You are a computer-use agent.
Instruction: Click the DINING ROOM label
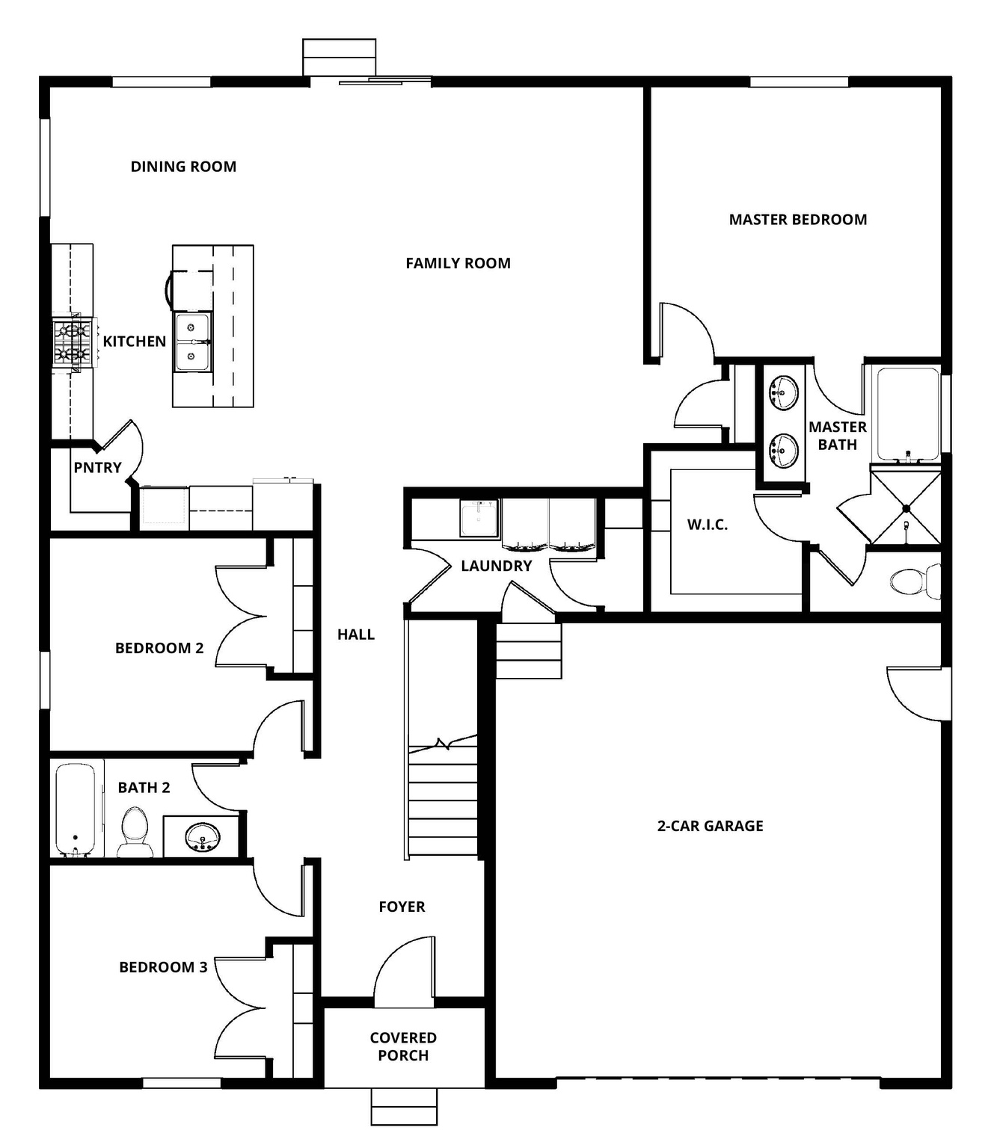pyautogui.click(x=183, y=167)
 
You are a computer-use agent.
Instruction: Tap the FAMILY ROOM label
pyautogui.click(x=458, y=263)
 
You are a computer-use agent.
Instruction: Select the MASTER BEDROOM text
pyautogui.click(x=797, y=220)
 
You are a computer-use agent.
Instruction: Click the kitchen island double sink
pyautogui.click(x=192, y=342)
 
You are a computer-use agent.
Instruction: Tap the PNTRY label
pyautogui.click(x=97, y=468)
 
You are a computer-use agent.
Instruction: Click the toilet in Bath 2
pyautogui.click(x=135, y=831)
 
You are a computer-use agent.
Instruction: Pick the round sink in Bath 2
pyautogui.click(x=201, y=836)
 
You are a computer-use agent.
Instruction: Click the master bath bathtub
pyautogui.click(x=907, y=413)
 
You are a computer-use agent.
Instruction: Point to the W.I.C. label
pyautogui.click(x=707, y=525)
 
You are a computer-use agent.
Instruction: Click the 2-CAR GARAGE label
pyautogui.click(x=710, y=826)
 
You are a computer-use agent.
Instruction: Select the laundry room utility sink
pyautogui.click(x=479, y=518)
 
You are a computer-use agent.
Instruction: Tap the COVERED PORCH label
pyautogui.click(x=403, y=1046)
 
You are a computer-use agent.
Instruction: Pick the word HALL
pyautogui.click(x=355, y=635)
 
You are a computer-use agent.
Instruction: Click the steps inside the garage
pyautogui.click(x=528, y=650)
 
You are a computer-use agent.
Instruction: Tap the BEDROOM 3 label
pyautogui.click(x=163, y=967)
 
